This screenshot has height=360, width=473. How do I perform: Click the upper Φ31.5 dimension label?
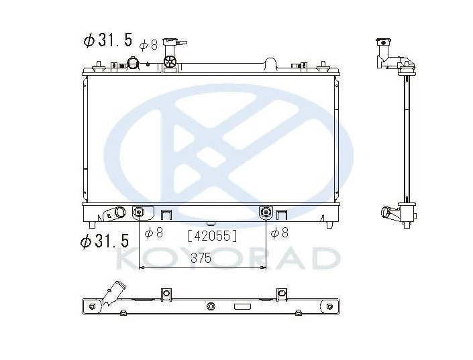coord(108,40)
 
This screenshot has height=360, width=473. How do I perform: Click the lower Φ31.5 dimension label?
coord(105,240)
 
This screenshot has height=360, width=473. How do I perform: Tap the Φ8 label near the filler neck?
coord(148,45)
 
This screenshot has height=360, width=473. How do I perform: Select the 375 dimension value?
coord(201,258)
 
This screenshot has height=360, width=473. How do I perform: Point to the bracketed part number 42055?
coord(213,236)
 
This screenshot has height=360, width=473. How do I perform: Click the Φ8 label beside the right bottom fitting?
coord(280,233)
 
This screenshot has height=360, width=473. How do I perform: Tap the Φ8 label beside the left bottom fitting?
coord(154,233)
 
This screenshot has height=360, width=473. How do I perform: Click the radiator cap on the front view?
coord(174,42)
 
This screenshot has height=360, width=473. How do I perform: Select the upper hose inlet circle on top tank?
coord(133,62)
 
